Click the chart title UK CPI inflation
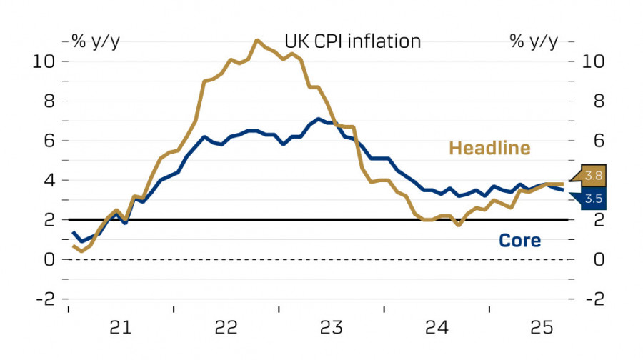click(353, 41)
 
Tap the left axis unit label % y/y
click(96, 41)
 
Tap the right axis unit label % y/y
click(534, 41)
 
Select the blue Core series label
click(519, 241)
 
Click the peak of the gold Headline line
click(256, 40)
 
